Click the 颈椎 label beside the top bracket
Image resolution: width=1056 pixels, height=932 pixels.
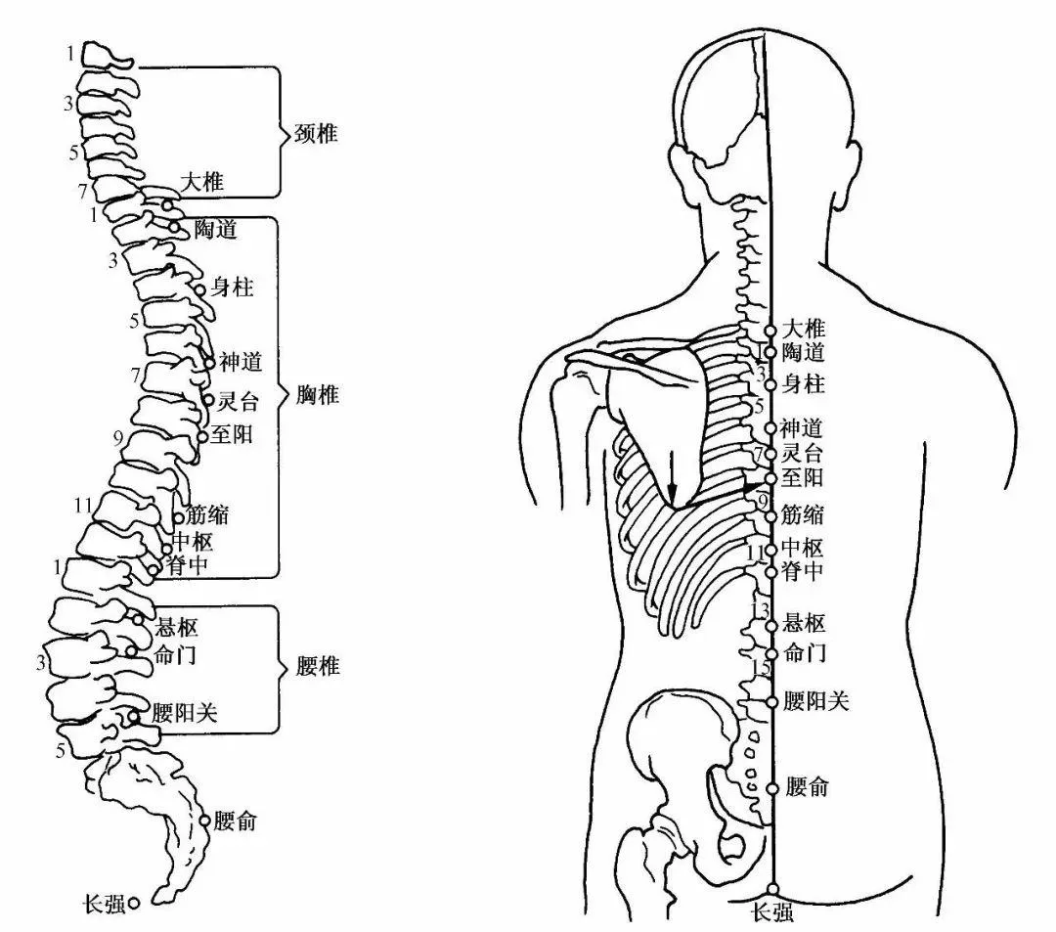pyautogui.click(x=315, y=134)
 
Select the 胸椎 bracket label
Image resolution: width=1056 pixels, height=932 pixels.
pyautogui.click(x=316, y=395)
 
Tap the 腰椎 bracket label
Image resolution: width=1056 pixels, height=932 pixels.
pyautogui.click(x=317, y=667)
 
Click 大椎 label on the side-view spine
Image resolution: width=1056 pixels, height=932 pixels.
pyautogui.click(x=202, y=182)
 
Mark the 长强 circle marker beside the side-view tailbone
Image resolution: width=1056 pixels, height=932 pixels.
pyautogui.click(x=134, y=903)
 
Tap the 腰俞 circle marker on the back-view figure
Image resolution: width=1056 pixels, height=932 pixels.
pyautogui.click(x=771, y=788)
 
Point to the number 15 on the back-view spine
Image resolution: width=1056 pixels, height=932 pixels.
pyautogui.click(x=761, y=668)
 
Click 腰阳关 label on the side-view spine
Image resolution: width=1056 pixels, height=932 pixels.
pyautogui.click(x=184, y=713)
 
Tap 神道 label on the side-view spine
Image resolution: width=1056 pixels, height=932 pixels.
pyautogui.click(x=241, y=364)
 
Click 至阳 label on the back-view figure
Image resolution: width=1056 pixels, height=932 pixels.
pyautogui.click(x=802, y=478)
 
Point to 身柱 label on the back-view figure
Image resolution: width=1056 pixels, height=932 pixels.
pyautogui.click(x=803, y=384)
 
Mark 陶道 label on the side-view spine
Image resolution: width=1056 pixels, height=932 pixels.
pyautogui.click(x=216, y=230)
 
